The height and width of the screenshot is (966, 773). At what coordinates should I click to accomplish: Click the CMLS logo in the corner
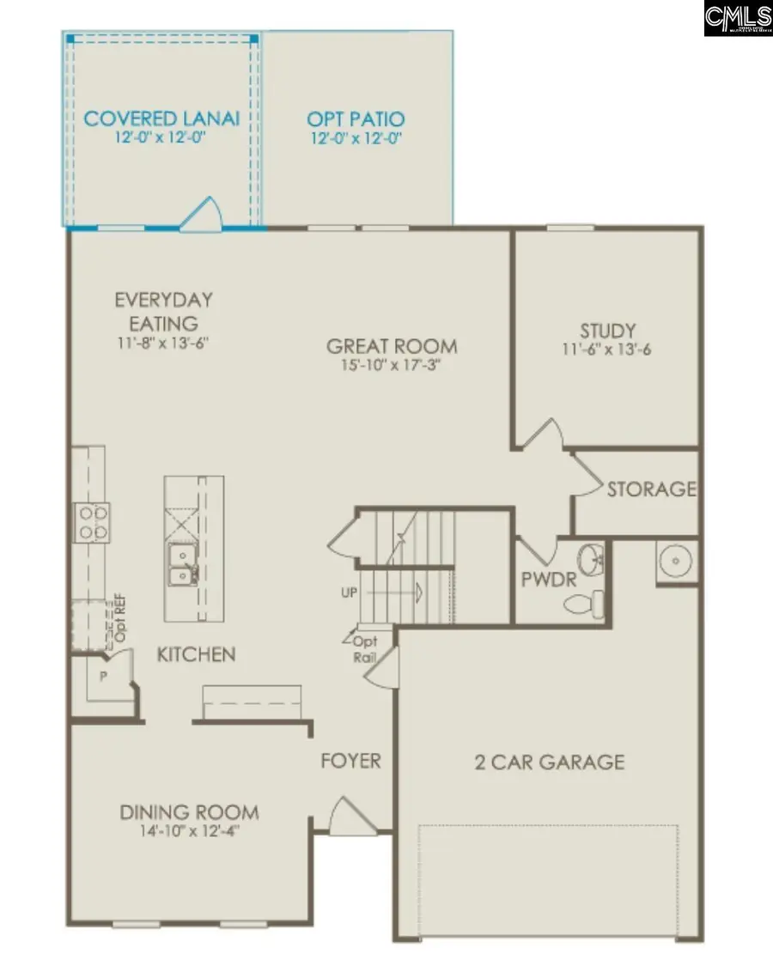coord(737,18)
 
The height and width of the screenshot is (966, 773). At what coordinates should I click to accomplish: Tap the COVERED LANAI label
coord(161,118)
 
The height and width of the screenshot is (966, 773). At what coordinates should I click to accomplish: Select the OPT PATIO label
coord(356,118)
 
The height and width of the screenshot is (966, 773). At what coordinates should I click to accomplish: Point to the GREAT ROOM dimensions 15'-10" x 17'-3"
coord(392,366)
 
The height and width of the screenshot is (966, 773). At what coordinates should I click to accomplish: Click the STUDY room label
coord(607,331)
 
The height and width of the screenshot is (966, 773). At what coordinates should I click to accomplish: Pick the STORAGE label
coord(651,489)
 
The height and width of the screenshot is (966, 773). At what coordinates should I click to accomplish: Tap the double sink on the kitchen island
coord(181,565)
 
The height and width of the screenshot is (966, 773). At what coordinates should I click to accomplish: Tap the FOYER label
coord(350,761)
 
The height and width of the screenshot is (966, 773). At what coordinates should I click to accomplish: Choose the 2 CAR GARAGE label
coord(550,762)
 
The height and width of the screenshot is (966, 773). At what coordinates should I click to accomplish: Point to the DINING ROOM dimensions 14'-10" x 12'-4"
coord(189,830)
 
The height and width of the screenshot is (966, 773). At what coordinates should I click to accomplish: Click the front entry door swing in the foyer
coord(350,817)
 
